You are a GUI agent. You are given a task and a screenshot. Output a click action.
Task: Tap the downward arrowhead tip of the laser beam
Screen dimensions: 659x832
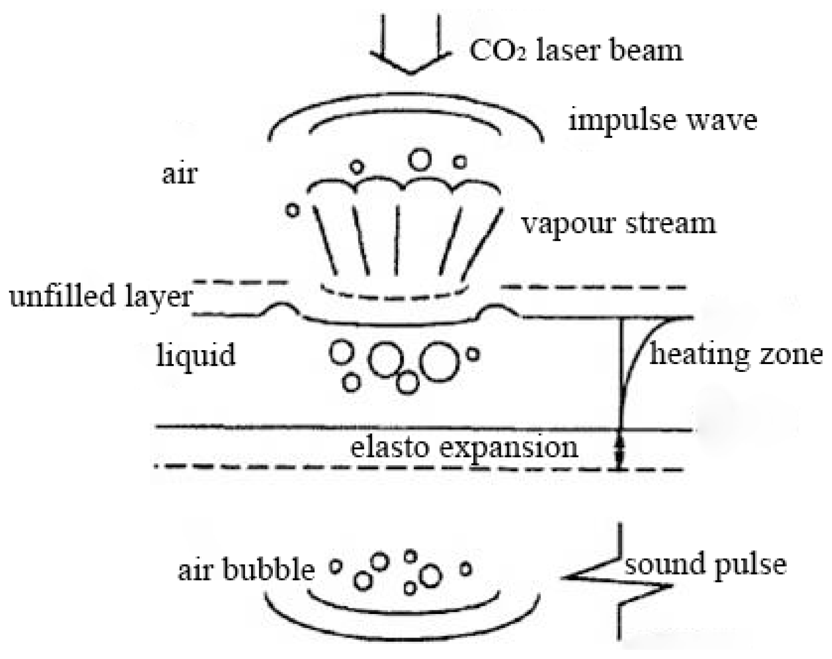[410, 73]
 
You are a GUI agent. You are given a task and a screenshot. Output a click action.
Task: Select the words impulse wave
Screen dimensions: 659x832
[662, 120]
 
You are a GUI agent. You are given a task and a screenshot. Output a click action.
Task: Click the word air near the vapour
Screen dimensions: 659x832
[179, 174]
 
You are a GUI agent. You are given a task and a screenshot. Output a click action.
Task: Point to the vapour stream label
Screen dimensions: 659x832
[618, 223]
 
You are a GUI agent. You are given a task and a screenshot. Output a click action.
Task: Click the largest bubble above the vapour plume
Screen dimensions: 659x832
[420, 159]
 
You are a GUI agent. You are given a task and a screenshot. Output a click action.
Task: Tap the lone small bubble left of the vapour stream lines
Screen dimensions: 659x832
[292, 211]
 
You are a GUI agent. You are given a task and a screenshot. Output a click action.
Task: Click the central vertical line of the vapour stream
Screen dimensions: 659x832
[397, 240]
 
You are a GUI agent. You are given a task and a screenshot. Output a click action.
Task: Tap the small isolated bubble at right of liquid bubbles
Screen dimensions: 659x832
[472, 355]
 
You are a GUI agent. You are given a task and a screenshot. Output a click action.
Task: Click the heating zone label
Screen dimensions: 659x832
[736, 354]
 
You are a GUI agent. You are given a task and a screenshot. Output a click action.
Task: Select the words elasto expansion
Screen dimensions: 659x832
[464, 448]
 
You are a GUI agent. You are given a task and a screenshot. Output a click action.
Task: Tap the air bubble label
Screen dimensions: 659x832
[246, 569]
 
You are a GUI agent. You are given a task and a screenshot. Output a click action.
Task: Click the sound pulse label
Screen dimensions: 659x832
[705, 564]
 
